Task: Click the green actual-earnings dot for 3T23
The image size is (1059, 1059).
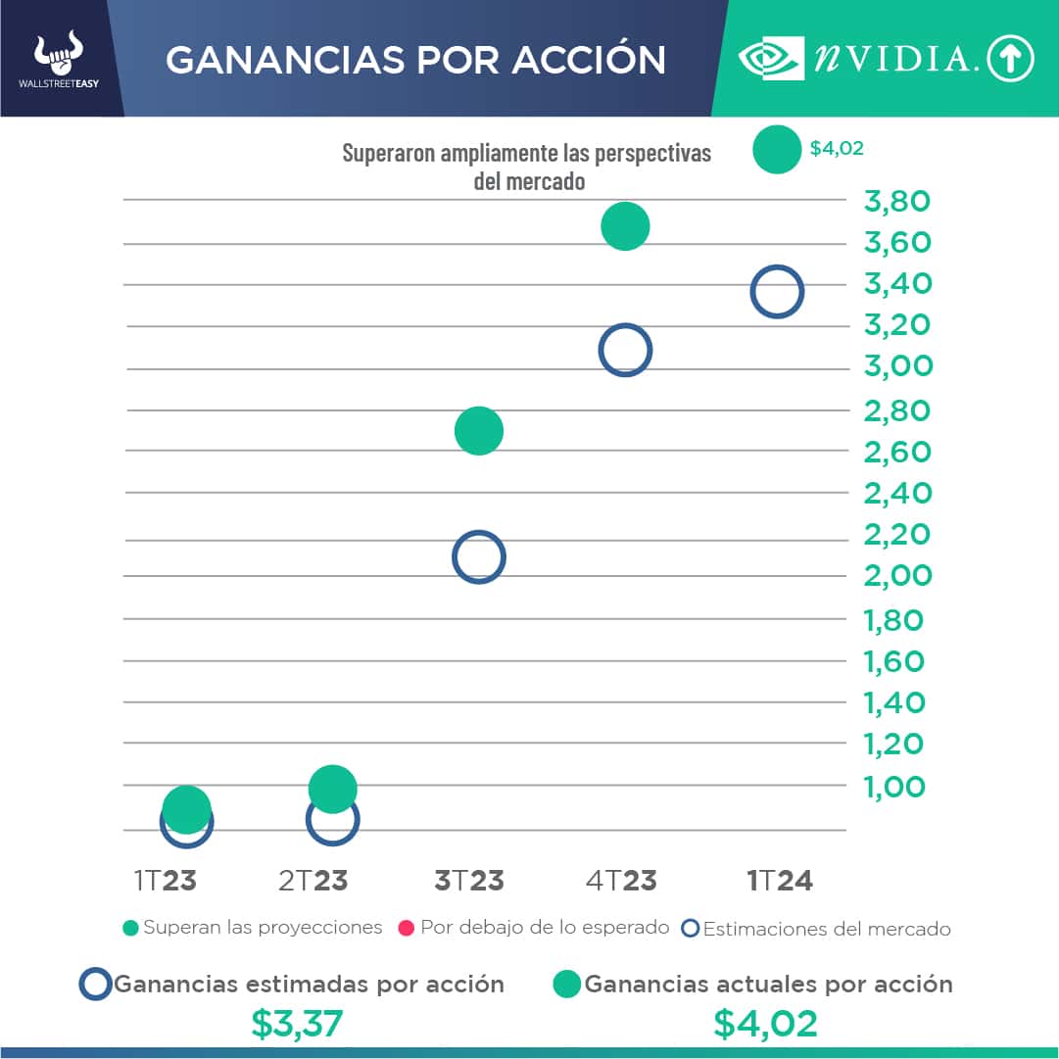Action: [x=478, y=430]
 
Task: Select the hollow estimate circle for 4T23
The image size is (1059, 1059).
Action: [x=625, y=350]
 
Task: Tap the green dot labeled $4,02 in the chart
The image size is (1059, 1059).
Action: [x=777, y=150]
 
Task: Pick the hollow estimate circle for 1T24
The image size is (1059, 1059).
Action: [x=777, y=292]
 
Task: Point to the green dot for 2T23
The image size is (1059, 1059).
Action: [x=332, y=789]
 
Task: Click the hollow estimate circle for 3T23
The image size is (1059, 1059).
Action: [x=478, y=557]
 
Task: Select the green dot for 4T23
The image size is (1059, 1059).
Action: [x=625, y=226]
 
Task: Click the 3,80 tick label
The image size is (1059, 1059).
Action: [x=896, y=202]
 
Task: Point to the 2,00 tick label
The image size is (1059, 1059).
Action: [x=897, y=575]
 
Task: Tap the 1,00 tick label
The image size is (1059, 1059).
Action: [x=893, y=786]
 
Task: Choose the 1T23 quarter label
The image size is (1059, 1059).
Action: [x=166, y=880]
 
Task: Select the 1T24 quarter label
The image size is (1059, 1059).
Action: [x=780, y=880]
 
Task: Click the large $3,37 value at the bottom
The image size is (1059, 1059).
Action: [x=297, y=1024]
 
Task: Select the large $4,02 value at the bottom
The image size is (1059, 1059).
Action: [x=765, y=1024]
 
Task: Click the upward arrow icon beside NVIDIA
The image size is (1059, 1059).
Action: [x=1010, y=60]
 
